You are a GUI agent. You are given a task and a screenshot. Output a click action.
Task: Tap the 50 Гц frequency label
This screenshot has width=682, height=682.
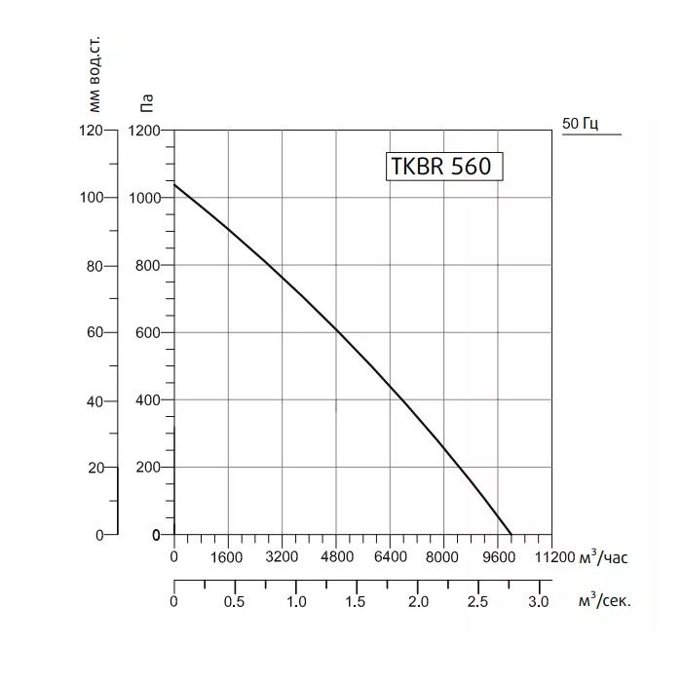(x=581, y=124)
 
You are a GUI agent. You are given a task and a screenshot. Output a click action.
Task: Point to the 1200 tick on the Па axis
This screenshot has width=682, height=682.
(x=143, y=131)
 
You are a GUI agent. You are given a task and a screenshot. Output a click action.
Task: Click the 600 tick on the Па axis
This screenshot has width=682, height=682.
(x=148, y=332)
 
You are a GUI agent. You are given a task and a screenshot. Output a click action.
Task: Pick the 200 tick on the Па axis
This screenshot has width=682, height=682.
(x=148, y=468)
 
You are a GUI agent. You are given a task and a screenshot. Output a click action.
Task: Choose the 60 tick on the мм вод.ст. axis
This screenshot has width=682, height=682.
(x=94, y=332)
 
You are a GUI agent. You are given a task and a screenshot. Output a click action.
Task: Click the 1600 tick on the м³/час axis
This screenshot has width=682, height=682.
(x=227, y=558)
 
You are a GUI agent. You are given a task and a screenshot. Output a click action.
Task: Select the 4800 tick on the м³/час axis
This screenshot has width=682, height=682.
(x=336, y=558)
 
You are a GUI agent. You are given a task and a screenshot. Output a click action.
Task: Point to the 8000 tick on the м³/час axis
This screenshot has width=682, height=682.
(x=443, y=558)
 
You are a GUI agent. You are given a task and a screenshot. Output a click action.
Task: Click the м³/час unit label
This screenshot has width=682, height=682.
(x=605, y=557)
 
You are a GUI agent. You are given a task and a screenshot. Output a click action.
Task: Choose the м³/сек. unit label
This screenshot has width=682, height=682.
(x=604, y=601)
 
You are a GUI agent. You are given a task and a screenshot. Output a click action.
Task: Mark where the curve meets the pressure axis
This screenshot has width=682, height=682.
(x=174, y=183)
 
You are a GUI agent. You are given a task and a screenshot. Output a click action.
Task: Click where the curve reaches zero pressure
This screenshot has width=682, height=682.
(x=511, y=535)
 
